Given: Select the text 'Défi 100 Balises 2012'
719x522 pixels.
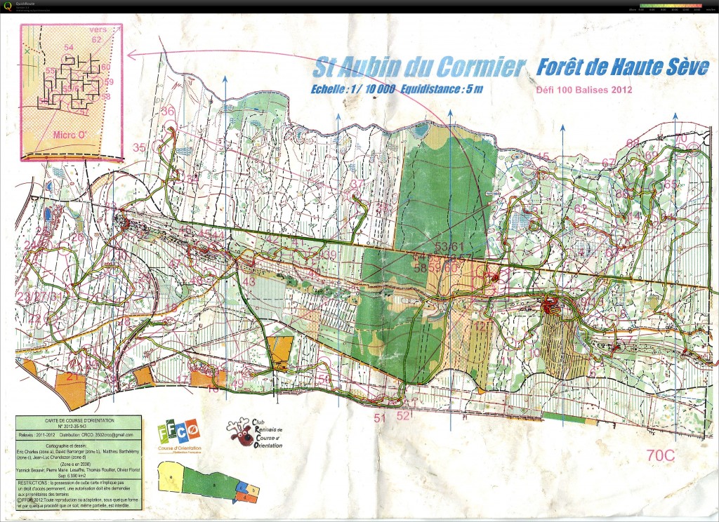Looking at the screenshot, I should (584, 89).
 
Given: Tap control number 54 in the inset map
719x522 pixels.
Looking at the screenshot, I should (69, 48).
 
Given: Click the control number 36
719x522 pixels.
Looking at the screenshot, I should (167, 112).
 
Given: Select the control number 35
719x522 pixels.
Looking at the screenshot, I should (140, 147).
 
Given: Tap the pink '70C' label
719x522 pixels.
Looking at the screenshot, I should (660, 455).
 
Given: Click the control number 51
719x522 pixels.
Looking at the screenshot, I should (380, 418).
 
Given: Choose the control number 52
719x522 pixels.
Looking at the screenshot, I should (403, 415).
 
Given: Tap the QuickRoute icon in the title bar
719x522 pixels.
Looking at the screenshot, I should (8, 6).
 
